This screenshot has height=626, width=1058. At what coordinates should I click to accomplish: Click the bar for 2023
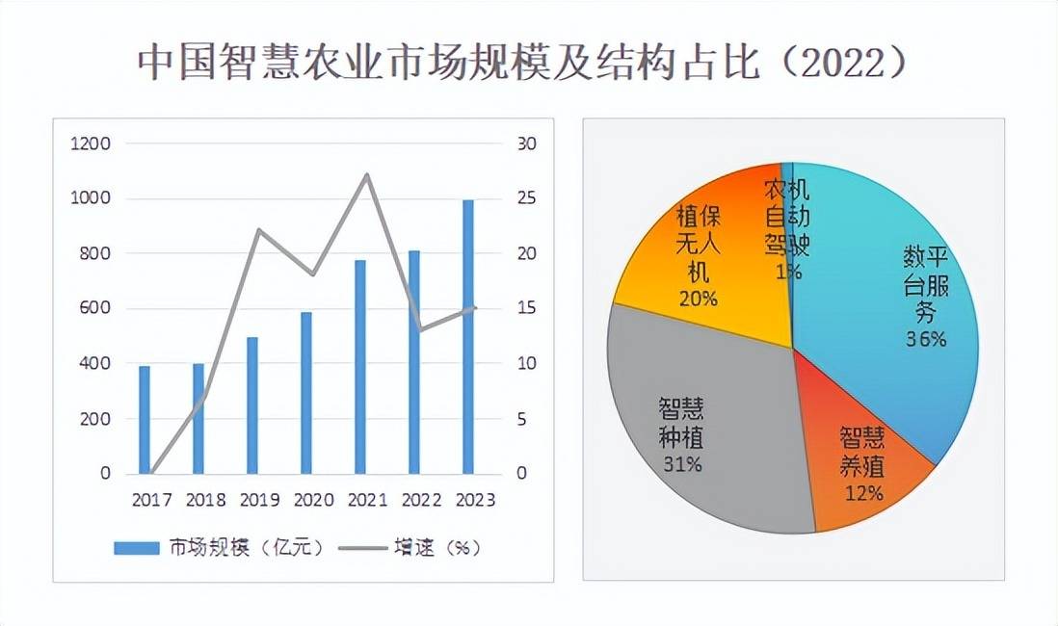click(468, 337)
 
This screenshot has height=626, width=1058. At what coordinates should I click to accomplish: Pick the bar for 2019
click(252, 405)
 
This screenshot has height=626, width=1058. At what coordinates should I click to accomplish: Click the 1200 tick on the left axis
click(91, 143)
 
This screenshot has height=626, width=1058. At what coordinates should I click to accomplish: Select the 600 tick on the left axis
click(94, 309)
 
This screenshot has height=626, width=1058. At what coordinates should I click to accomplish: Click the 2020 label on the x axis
click(313, 500)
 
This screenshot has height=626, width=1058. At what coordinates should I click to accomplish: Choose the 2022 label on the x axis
click(421, 500)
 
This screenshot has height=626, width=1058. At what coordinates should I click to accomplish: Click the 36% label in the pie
click(925, 339)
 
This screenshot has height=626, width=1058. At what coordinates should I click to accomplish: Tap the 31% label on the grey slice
click(680, 463)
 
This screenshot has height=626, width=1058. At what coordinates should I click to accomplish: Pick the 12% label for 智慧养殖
click(861, 493)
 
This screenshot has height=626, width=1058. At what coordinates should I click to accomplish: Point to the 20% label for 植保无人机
click(697, 299)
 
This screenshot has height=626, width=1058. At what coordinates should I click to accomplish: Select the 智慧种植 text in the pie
click(680, 422)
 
